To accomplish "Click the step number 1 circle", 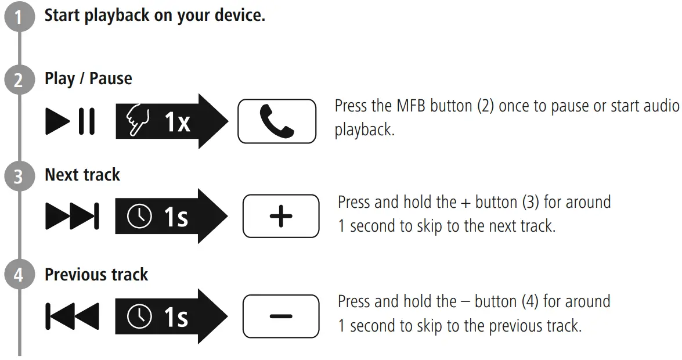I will tap(20, 18).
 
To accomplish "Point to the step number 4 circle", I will tap(20, 275).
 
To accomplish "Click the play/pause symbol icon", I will tap(70, 122).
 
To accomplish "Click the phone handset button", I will tap(277, 121).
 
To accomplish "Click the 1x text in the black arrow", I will tap(177, 122).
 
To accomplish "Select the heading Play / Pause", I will tap(88, 78).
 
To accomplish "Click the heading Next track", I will tap(82, 175).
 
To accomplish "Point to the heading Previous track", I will tap(96, 274).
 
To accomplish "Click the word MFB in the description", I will tap(412, 107).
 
